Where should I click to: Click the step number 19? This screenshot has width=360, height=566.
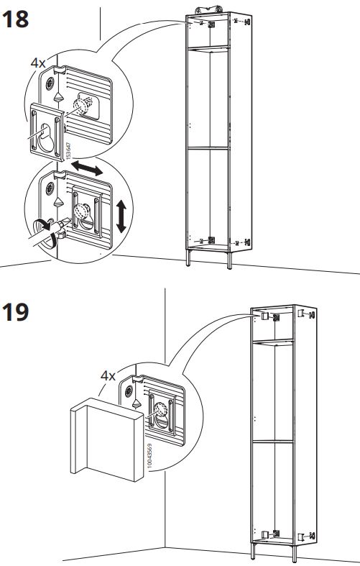point(16,314)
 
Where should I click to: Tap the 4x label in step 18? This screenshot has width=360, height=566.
point(37,63)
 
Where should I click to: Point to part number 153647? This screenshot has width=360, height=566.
point(68,150)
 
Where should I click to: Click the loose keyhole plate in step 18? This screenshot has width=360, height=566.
point(46,129)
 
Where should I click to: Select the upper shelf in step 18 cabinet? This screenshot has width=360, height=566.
point(207,50)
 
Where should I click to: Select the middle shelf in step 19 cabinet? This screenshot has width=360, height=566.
point(273,439)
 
